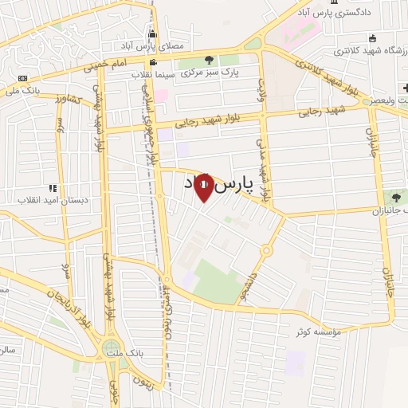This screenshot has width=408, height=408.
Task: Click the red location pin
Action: (204, 187)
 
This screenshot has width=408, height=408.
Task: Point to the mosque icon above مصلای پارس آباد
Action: (152, 33)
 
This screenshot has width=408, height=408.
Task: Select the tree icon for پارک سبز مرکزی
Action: (209, 59)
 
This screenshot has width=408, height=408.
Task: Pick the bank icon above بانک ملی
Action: (22, 78)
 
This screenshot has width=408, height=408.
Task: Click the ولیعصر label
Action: (388, 102)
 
